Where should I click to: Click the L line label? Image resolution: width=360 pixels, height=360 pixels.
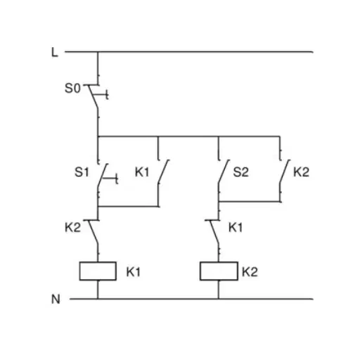54,52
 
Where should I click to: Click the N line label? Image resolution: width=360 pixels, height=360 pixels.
56,300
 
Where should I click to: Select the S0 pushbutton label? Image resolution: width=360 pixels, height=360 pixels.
72,89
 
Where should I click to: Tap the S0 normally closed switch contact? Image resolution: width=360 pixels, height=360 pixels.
93,96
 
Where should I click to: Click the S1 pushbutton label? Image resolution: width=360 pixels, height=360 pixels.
82,172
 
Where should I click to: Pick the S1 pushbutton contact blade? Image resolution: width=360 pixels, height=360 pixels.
103,175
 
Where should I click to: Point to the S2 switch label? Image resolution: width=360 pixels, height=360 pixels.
240,172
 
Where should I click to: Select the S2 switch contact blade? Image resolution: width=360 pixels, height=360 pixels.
224,172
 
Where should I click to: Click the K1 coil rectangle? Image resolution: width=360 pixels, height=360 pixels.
98,271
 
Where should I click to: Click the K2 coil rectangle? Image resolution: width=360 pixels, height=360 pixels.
219,271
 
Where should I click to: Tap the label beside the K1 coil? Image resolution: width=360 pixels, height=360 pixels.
134,272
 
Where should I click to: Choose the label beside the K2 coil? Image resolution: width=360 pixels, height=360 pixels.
250,272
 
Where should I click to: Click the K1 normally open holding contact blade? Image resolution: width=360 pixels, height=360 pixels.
163,172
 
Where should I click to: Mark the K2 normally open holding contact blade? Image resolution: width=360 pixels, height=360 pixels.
285,172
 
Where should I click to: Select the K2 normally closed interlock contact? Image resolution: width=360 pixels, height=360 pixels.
93,232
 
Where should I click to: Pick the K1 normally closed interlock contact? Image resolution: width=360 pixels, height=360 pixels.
214,232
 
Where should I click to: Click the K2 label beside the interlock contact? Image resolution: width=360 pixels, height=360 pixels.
72,228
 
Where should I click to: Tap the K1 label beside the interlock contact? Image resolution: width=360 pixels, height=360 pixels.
236,228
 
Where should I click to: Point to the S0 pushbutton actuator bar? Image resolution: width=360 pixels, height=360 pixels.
101,95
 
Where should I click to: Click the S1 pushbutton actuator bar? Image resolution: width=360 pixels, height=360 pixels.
110,179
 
